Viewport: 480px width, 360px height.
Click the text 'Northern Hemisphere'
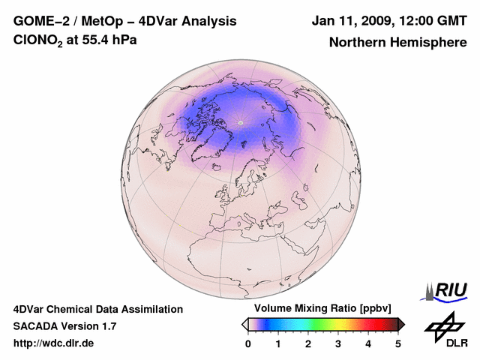[x=397, y=43]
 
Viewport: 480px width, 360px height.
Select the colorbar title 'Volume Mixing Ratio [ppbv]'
[x=323, y=308]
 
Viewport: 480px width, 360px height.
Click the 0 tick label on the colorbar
[x=248, y=343]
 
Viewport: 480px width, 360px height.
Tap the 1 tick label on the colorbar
[x=278, y=343]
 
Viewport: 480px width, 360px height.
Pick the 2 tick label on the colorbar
[x=308, y=343]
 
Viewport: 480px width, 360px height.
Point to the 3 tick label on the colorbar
[x=338, y=343]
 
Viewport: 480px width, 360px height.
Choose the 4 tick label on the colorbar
[x=368, y=343]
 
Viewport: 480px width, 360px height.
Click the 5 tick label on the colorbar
[x=398, y=343]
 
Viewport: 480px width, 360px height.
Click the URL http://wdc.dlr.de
[x=54, y=343]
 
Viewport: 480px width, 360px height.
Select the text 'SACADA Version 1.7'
[x=64, y=326]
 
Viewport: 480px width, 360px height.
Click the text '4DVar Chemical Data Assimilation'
[x=97, y=309]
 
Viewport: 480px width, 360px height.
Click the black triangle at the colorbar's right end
[x=401, y=324]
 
